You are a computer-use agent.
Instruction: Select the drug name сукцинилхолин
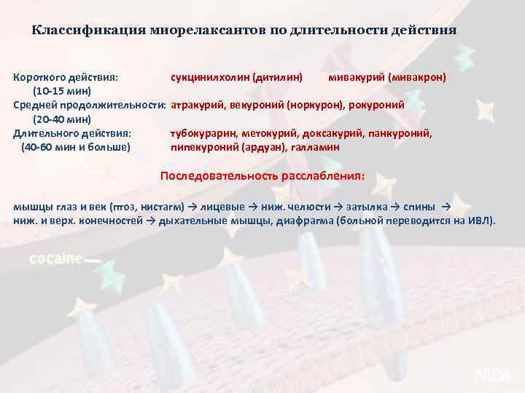tap(210, 76)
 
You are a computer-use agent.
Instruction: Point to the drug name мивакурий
tap(356, 76)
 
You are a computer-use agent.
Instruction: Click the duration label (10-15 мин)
tap(62, 91)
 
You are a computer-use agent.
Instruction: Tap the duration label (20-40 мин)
tap(62, 119)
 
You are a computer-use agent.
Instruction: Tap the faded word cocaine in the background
tap(55, 259)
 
